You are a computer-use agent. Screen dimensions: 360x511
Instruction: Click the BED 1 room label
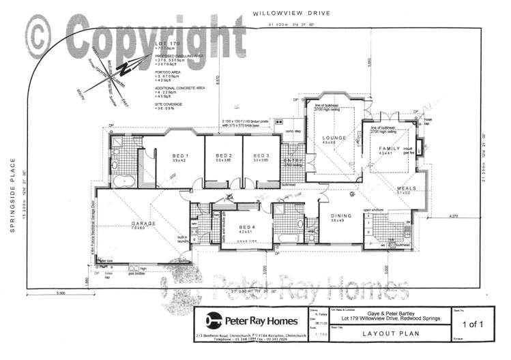179,155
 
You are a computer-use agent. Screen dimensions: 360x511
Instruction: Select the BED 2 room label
216,155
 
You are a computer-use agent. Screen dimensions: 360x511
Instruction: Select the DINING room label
341,216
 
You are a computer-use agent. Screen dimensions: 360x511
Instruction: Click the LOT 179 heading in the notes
166,44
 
